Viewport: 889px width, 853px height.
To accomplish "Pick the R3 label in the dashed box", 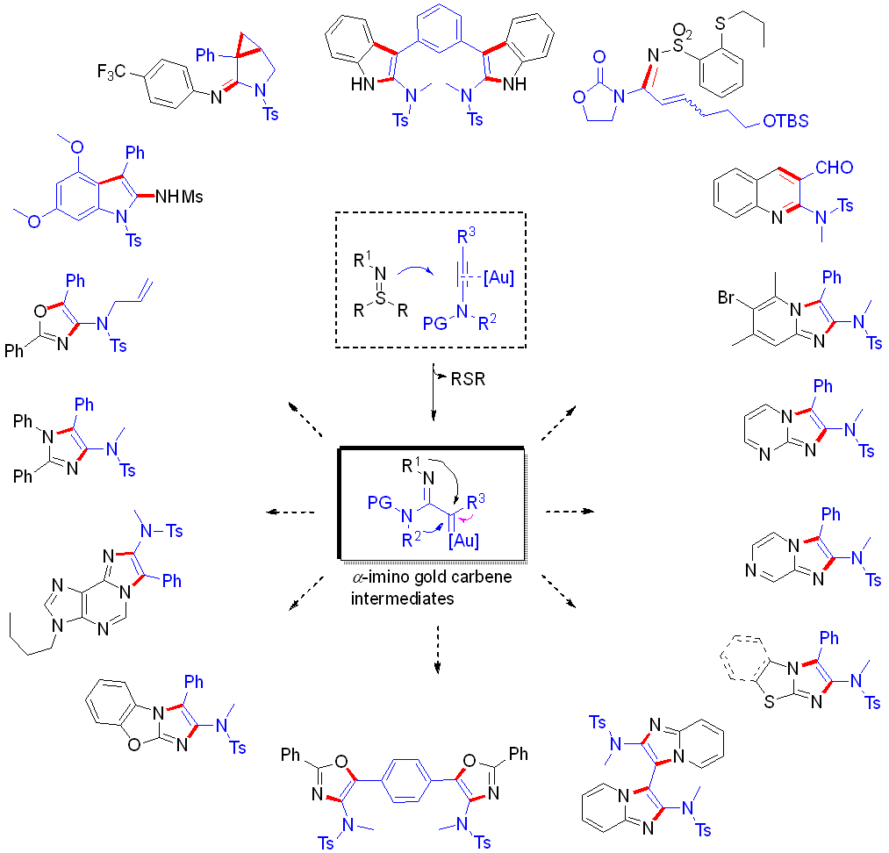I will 467,236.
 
